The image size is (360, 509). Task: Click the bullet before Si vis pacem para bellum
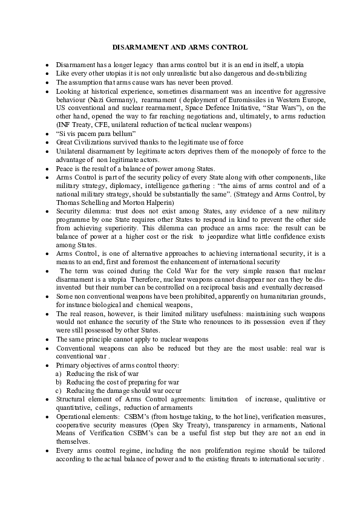click(x=47, y=133)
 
